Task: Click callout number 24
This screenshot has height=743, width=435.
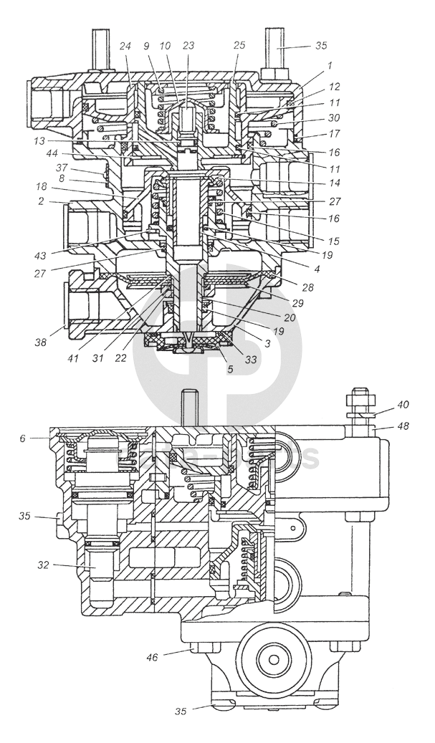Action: coord(125,45)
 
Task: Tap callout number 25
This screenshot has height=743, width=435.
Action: coord(239,45)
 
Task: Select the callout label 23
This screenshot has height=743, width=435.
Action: coord(188,45)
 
